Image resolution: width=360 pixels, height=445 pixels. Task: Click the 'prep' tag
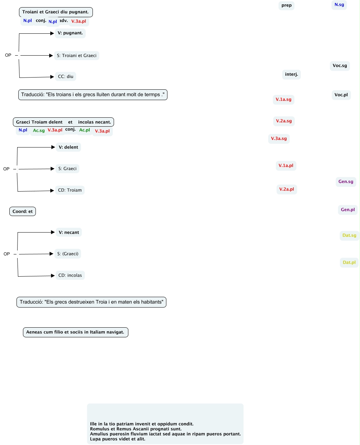click(x=286, y=5)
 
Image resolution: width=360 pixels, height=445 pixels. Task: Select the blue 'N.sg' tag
click(x=339, y=5)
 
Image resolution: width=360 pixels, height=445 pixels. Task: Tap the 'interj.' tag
click(x=291, y=74)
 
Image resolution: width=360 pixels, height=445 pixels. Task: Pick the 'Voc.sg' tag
click(x=340, y=66)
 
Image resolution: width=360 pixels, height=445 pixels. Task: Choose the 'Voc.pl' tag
click(x=341, y=95)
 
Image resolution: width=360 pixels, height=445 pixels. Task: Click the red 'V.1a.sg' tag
click(x=283, y=99)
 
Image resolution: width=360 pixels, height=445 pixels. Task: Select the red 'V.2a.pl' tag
click(x=286, y=189)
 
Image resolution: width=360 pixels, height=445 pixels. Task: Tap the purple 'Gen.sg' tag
click(x=346, y=182)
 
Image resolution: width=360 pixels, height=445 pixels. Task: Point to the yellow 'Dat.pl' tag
click(x=349, y=262)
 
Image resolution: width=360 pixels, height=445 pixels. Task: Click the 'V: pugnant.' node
click(x=70, y=33)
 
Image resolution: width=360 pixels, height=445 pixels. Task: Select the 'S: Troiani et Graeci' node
click(x=77, y=56)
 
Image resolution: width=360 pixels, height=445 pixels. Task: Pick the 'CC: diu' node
click(x=66, y=76)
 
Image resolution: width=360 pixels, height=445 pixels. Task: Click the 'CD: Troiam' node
click(x=70, y=190)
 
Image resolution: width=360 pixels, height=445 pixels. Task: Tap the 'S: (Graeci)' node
click(x=68, y=254)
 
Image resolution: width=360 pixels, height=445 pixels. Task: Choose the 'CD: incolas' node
click(x=70, y=275)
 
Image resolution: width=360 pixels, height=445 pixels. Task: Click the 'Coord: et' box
click(x=23, y=211)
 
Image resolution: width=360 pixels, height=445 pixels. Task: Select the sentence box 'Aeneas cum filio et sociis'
click(x=75, y=332)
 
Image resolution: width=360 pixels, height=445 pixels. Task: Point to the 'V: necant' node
click(x=69, y=233)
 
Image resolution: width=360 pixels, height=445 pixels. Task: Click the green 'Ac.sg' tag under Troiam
click(x=39, y=131)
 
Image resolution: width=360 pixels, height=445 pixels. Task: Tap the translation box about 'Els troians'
click(x=93, y=95)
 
